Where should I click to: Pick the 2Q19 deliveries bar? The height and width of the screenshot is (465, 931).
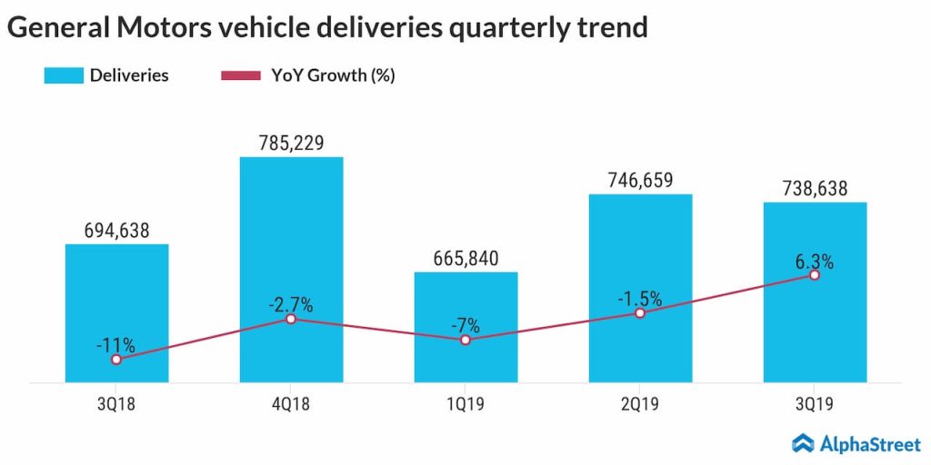click(640, 254)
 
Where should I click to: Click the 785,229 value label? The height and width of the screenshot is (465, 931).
click(291, 143)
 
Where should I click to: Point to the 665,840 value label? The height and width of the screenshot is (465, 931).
click(465, 258)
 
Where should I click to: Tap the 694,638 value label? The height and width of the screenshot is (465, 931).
click(116, 229)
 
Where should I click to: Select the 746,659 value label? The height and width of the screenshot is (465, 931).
click(640, 180)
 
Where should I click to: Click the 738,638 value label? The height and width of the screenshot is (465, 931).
click(815, 188)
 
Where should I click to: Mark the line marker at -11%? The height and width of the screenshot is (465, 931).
click(116, 360)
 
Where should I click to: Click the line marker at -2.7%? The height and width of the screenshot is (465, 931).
click(291, 319)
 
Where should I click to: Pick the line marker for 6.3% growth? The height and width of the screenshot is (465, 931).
click(815, 274)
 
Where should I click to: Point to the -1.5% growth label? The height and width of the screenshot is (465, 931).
click(640, 298)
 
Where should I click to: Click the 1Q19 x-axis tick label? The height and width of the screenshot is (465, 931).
click(465, 404)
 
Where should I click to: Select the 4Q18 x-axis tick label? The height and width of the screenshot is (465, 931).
click(291, 404)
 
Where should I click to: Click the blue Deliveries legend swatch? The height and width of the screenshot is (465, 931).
click(63, 75)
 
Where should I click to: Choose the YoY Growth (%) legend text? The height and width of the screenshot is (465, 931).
click(333, 75)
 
